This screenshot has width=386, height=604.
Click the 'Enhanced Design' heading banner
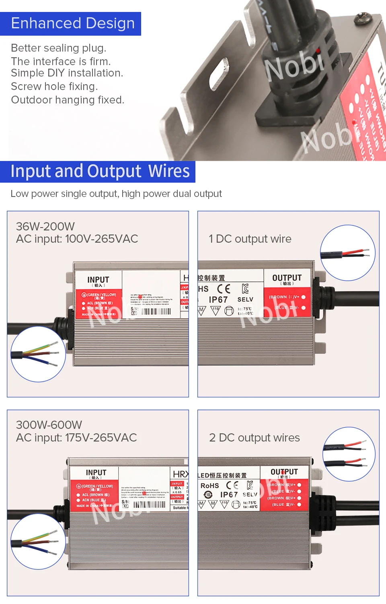click(x=73, y=23)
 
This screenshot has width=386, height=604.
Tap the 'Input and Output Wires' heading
click(x=100, y=171)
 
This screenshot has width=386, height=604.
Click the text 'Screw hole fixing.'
click(x=54, y=87)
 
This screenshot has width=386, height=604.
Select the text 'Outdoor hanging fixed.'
click(x=68, y=100)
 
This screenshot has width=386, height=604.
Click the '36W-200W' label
click(x=45, y=226)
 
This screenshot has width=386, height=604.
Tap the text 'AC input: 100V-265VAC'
click(x=77, y=239)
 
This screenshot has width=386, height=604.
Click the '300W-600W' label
click(x=49, y=425)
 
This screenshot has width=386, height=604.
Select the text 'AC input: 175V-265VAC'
click(x=76, y=438)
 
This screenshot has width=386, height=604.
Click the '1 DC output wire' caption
click(x=250, y=239)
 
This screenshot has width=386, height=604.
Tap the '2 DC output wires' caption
click(x=255, y=438)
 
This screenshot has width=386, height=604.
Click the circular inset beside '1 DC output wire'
click(x=348, y=253)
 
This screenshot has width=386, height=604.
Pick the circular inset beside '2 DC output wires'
click(x=349, y=454)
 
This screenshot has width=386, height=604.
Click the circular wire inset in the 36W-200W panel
click(x=38, y=354)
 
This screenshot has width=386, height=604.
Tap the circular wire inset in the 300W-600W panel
click(x=38, y=541)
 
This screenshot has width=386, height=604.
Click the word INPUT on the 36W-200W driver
click(x=98, y=279)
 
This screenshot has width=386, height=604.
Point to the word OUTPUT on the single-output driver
click(x=287, y=278)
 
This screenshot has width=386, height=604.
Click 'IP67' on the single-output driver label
click(x=218, y=300)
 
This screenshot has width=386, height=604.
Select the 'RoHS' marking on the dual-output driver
click(x=210, y=486)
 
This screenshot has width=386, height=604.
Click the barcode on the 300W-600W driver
click(x=149, y=505)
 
